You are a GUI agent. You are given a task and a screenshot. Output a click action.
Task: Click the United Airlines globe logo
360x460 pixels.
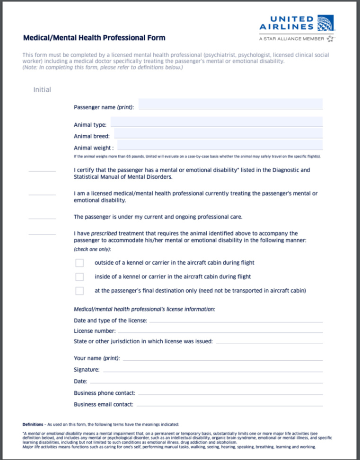click(325, 24)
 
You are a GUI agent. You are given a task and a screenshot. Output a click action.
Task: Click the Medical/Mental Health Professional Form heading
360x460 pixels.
click(94, 38)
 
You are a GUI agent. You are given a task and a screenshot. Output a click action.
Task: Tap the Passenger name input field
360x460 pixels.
click(230, 104)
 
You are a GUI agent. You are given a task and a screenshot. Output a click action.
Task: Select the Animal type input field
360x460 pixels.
click(217, 122)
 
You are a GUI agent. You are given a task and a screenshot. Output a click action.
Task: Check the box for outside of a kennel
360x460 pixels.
click(79, 263)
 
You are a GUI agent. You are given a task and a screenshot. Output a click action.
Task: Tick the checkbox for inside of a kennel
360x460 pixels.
click(79, 277)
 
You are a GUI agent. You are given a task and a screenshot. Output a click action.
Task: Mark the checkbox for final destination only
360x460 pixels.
click(79, 291)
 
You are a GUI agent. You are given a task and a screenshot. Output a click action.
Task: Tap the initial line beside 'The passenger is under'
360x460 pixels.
click(42, 219)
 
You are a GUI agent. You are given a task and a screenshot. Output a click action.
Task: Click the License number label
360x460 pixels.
click(95, 331)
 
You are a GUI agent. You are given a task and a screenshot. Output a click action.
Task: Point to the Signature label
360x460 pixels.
click(87, 369)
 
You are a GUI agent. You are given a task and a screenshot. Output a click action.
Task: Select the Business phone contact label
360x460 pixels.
click(105, 393)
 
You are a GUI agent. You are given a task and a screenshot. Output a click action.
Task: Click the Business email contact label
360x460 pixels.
click(104, 404)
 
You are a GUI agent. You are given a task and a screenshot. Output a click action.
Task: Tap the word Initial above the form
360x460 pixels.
click(42, 90)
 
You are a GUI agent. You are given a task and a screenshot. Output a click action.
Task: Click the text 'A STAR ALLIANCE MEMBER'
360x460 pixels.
click(291, 39)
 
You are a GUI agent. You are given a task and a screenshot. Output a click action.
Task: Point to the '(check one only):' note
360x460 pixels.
click(92, 249)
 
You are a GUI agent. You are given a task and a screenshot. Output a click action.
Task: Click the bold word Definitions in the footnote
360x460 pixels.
click(33, 424)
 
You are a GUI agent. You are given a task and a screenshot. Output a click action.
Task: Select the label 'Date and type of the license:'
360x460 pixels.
click(110, 321)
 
